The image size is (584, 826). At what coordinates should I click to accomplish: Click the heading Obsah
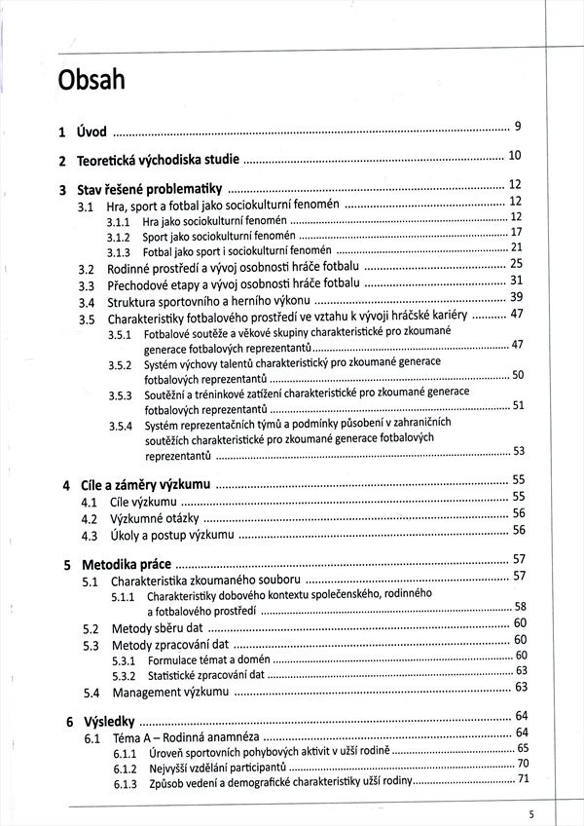(91, 79)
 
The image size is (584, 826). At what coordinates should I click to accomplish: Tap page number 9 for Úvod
(519, 127)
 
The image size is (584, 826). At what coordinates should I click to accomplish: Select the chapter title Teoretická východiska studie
(157, 161)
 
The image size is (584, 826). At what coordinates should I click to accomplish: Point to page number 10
(515, 156)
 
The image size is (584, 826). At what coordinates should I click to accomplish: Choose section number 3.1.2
(119, 236)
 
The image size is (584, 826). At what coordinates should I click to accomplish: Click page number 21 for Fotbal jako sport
(517, 247)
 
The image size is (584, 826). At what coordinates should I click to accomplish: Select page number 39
(517, 297)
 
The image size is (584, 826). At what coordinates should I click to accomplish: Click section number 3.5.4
(120, 426)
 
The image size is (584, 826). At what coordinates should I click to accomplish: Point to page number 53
(519, 451)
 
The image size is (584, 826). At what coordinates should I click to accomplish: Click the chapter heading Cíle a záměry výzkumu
(143, 485)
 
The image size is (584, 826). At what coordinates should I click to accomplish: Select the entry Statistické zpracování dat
(204, 675)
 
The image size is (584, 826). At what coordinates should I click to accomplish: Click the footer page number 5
(531, 814)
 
